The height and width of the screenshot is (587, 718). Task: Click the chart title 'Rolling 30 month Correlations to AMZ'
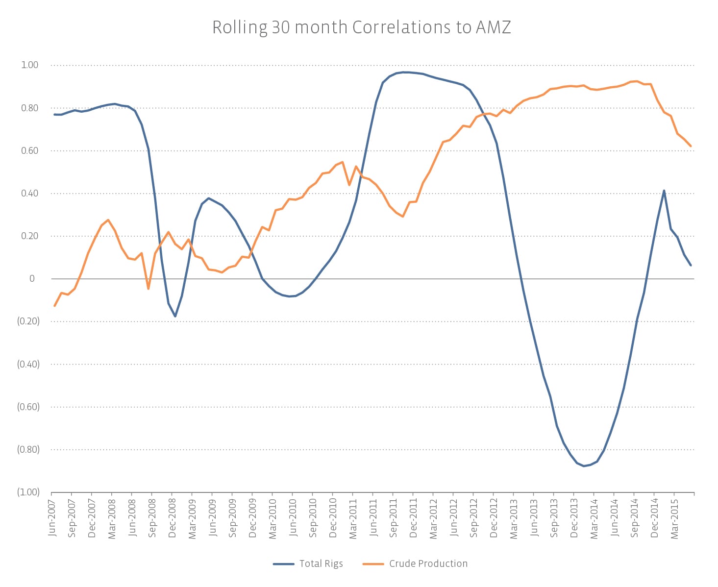361,27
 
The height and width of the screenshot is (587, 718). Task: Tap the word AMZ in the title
493,27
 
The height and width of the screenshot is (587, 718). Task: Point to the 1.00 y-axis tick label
29,65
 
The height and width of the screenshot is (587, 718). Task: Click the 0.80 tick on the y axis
29,108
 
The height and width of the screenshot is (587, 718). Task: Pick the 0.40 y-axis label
29,193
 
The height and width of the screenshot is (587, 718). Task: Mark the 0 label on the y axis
32,279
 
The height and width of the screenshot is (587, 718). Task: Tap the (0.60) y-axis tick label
28,407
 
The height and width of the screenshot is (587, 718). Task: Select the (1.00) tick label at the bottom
28,492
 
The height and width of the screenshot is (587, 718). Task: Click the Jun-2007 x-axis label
52,517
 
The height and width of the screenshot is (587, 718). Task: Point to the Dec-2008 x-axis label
172,518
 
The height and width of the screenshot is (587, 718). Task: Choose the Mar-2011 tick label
353,518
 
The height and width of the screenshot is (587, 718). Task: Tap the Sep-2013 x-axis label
554,518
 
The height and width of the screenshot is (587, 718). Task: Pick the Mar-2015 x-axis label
674,518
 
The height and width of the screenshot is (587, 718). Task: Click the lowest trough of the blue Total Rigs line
584,466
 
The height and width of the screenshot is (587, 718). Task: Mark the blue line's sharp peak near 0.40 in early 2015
664,191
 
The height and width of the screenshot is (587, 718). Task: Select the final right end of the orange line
691,146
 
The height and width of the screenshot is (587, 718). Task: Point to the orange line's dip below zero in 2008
149,289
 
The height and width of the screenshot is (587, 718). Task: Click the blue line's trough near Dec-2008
175,316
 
